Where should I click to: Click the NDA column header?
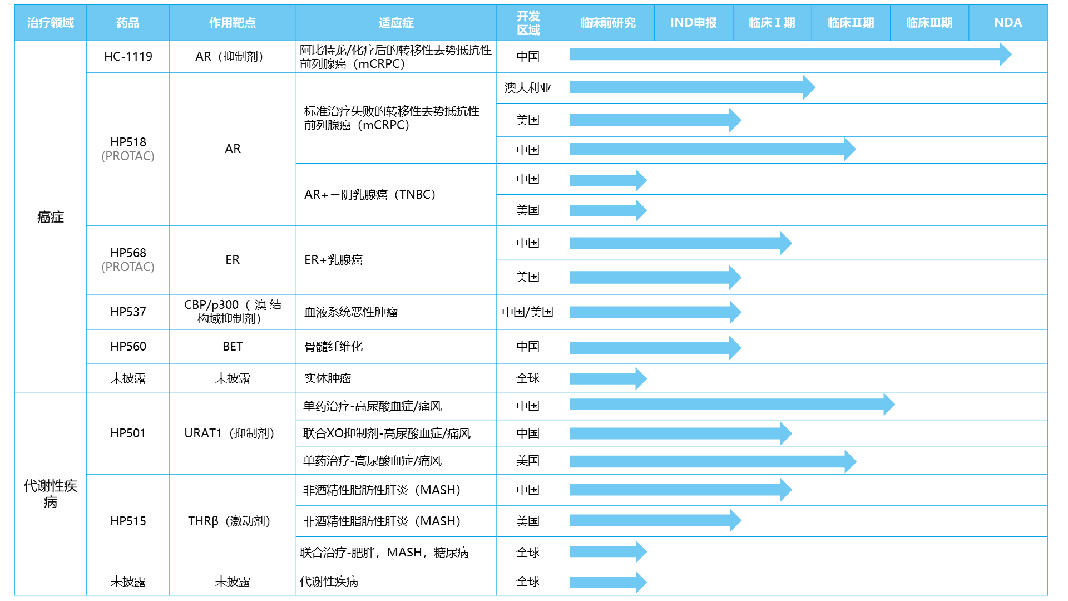click(x=1007, y=23)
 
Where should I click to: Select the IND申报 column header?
click(x=693, y=23)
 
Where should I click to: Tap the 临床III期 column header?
click(x=929, y=23)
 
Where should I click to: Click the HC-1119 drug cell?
click(x=128, y=57)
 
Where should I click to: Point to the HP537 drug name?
click(x=128, y=312)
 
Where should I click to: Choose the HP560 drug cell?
click(x=128, y=347)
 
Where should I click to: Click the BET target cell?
click(x=233, y=347)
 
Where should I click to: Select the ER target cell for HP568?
click(x=233, y=260)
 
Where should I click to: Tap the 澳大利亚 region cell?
click(x=527, y=88)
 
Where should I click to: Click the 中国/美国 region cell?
click(x=527, y=312)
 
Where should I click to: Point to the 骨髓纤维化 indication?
click(x=334, y=347)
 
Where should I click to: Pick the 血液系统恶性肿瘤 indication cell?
click(x=351, y=312)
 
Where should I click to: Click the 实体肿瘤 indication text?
click(x=328, y=378)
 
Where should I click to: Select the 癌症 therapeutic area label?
click(x=51, y=217)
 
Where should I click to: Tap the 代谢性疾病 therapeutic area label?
click(x=51, y=494)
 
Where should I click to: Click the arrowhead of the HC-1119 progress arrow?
click(x=1005, y=55)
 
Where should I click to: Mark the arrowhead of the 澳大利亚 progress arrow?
click(x=809, y=87)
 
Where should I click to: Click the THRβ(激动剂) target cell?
click(x=229, y=521)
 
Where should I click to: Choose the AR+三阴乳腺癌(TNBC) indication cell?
click(x=370, y=195)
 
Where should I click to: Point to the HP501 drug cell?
click(x=128, y=433)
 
